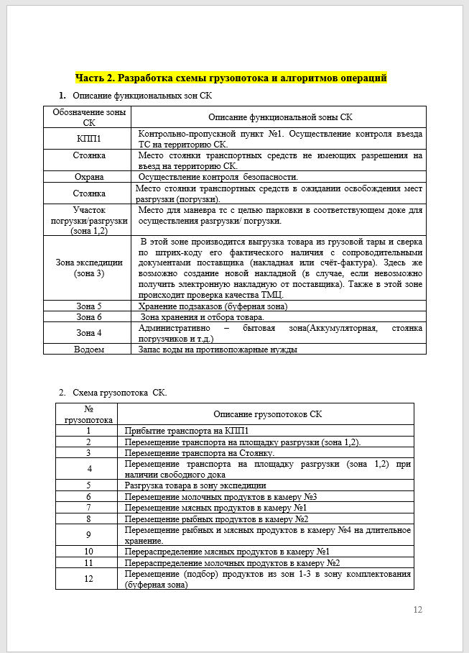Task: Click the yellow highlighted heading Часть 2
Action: point(231,78)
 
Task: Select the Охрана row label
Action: point(89,177)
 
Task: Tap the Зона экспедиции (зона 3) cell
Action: point(89,268)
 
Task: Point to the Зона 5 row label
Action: point(89,306)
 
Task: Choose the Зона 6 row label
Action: point(89,317)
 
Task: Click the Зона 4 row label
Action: point(89,333)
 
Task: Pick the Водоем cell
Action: point(89,350)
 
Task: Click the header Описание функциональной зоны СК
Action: point(280,117)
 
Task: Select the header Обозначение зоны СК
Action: point(89,117)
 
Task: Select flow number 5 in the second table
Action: point(88,485)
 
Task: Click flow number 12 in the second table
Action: point(88,579)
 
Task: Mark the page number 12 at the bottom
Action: point(418,610)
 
